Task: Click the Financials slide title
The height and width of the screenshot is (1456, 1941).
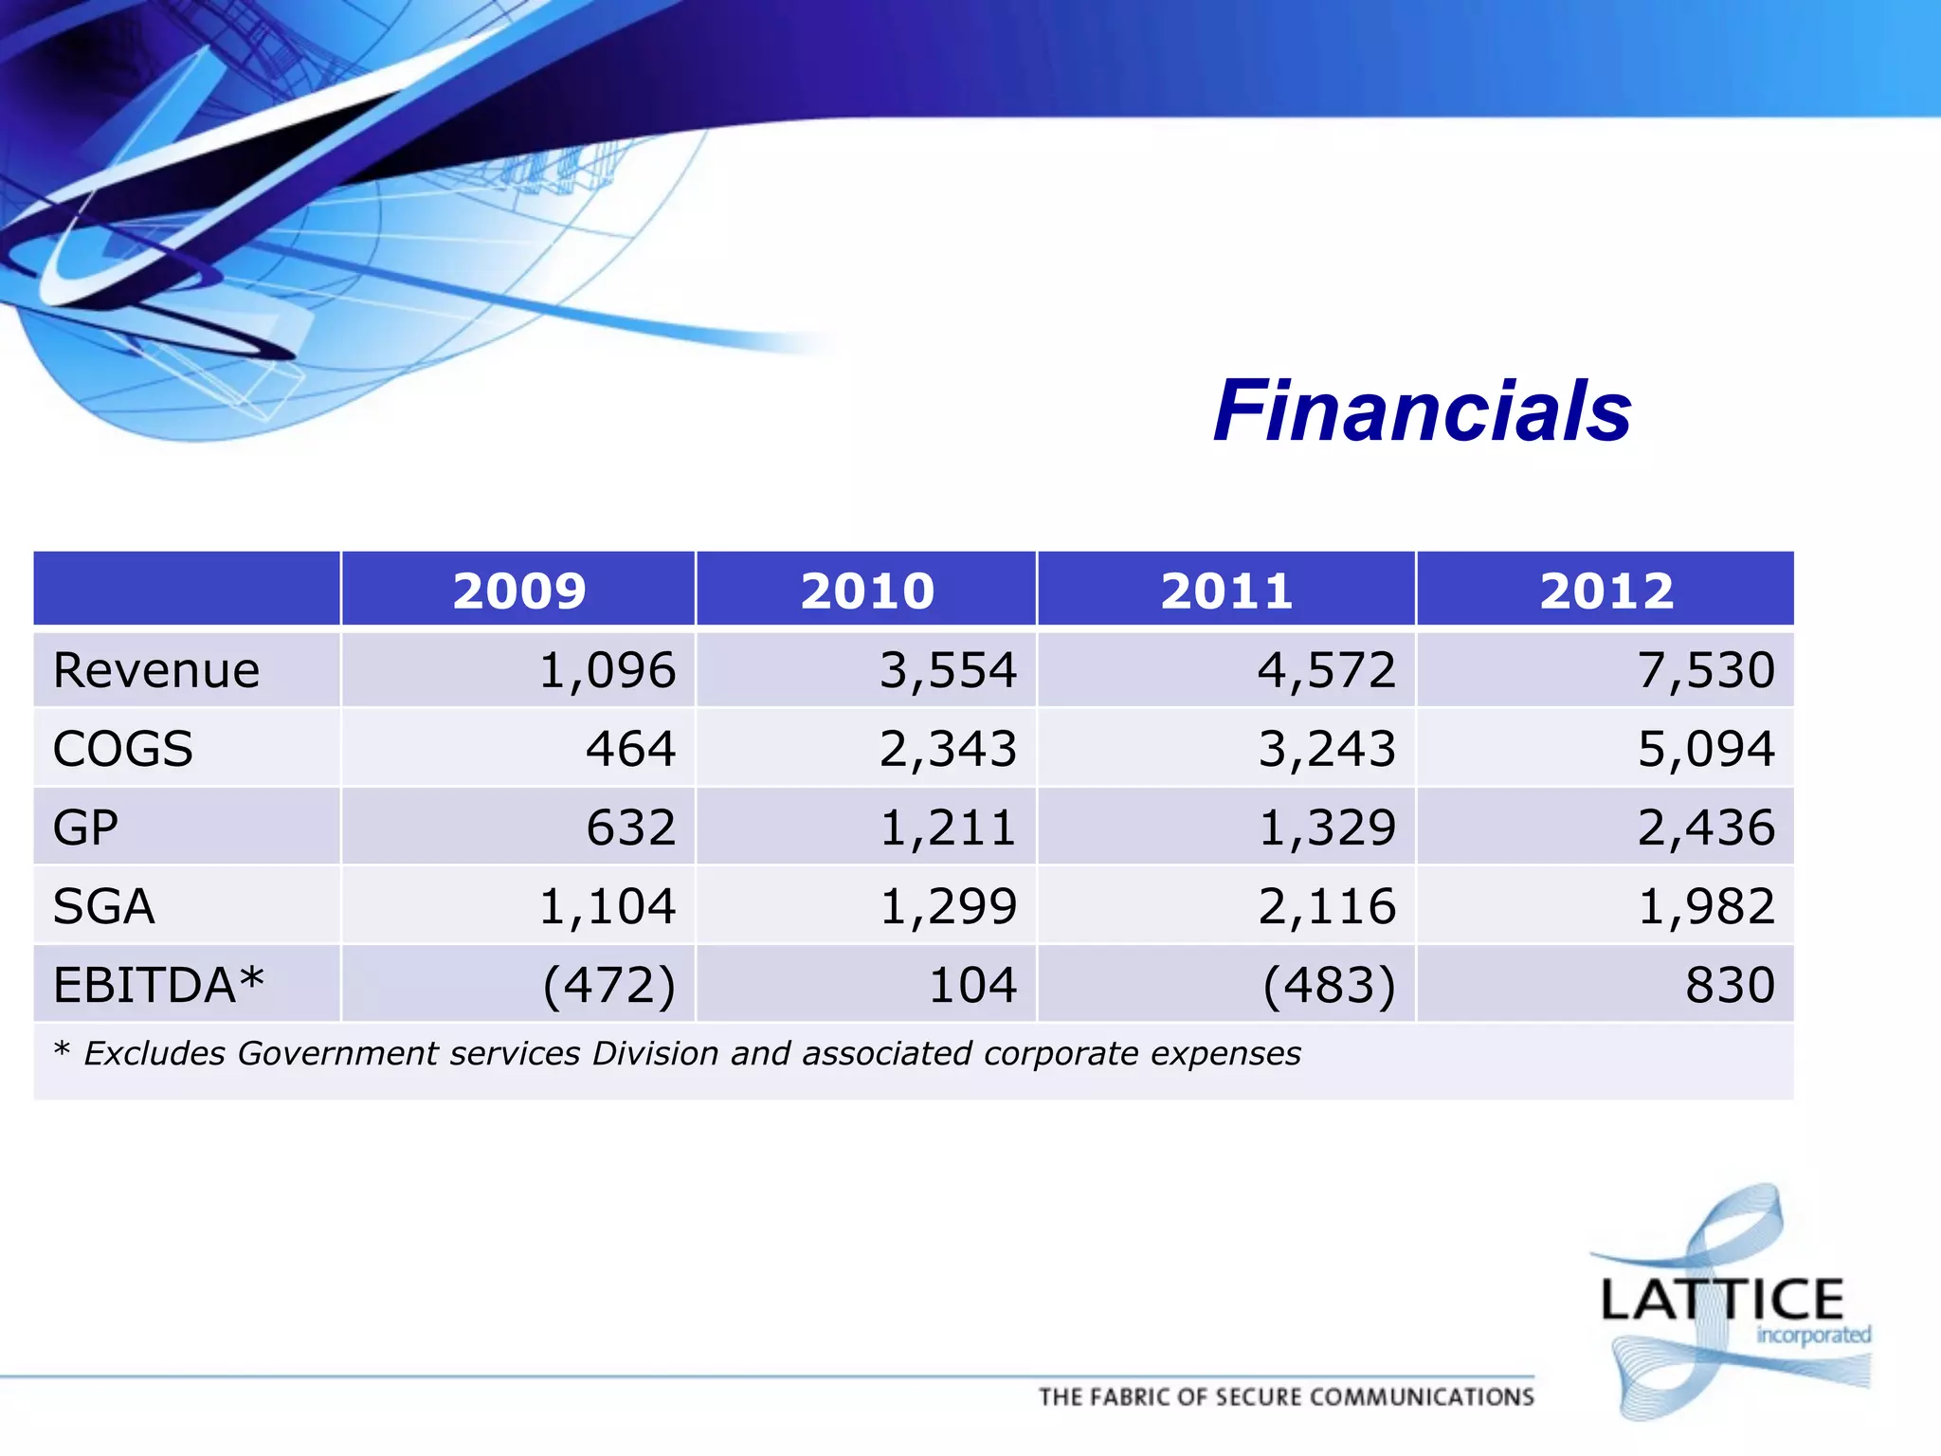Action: click(x=1422, y=411)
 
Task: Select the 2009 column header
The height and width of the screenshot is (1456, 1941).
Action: click(x=519, y=591)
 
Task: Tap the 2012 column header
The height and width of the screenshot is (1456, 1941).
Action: click(x=1606, y=591)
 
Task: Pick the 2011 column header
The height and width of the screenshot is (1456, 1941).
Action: click(x=1227, y=591)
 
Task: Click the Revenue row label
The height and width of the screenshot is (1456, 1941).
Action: click(x=156, y=671)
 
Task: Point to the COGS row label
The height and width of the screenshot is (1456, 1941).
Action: click(x=123, y=749)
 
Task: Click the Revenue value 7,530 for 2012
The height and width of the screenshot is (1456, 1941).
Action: click(x=1706, y=671)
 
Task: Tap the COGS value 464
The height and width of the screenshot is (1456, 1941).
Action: click(x=630, y=749)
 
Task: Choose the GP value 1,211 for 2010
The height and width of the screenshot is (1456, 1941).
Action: click(x=948, y=828)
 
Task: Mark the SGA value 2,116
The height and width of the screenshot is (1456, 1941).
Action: click(x=1327, y=906)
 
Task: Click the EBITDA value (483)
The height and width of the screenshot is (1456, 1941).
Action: click(x=1329, y=985)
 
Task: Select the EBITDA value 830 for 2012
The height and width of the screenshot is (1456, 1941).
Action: click(x=1730, y=985)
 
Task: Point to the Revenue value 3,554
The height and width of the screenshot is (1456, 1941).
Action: click(x=948, y=671)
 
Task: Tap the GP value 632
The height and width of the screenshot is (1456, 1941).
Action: click(x=630, y=828)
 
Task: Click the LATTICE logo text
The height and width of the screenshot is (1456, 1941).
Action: click(x=1721, y=1300)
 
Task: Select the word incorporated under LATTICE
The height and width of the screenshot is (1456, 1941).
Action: click(x=1813, y=1336)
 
